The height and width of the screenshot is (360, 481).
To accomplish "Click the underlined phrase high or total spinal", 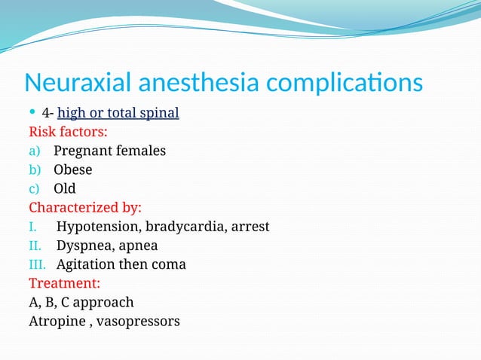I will pos(118,114).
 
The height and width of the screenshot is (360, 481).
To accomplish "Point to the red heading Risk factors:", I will pos(68,133).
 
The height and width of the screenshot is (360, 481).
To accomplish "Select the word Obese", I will pos(72,170).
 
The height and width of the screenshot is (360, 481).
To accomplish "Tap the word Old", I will pos(65,189).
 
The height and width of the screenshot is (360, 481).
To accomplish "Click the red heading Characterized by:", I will pos(85,208).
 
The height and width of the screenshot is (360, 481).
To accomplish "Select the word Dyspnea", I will pos(82,246).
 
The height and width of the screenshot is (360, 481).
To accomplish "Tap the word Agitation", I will pos(86,264).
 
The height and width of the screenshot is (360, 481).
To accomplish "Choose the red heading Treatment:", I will pos(65,284).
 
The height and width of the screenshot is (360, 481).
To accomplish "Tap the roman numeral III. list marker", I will pos(38,264).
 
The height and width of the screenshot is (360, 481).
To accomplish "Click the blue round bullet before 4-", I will pos(32,113).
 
